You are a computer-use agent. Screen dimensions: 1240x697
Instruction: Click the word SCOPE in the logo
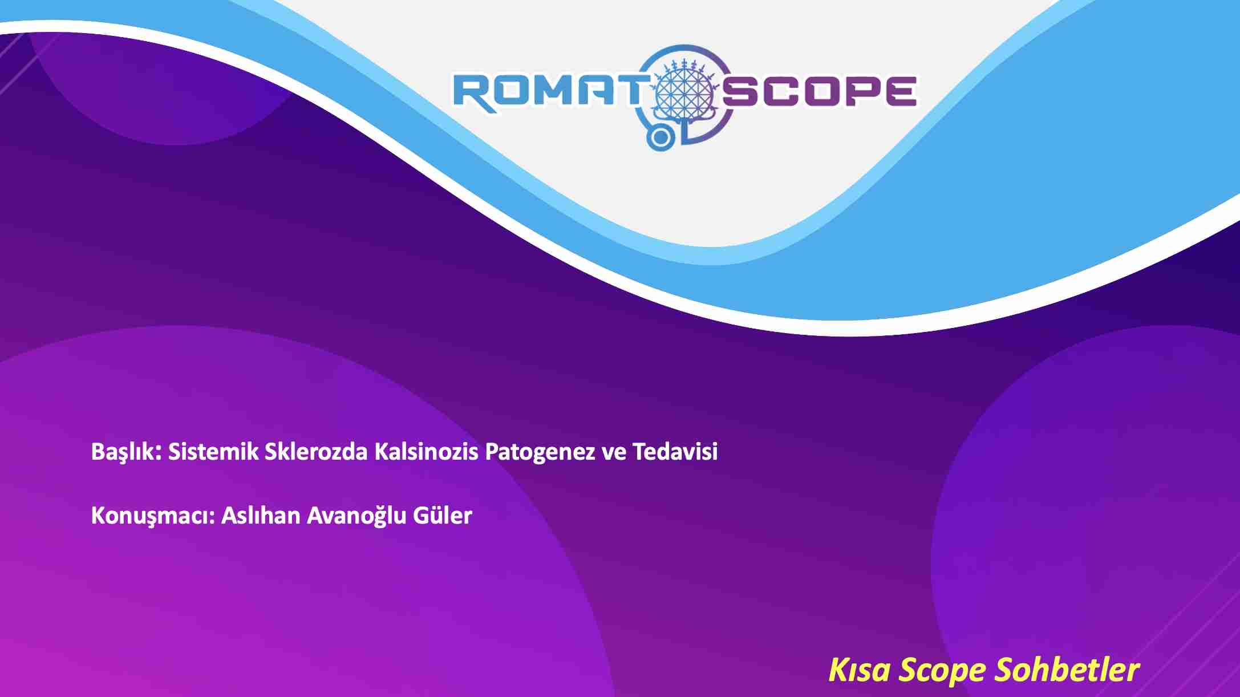click(820, 91)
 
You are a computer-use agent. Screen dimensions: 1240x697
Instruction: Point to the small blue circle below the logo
click(660, 137)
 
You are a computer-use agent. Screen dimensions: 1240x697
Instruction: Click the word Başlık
click(127, 452)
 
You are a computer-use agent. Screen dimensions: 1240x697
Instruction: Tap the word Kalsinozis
click(426, 451)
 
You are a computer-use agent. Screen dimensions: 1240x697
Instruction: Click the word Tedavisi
click(675, 451)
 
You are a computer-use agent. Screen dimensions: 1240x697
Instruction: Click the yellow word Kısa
click(858, 670)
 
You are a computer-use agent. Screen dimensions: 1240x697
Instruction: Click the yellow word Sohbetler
click(1067, 670)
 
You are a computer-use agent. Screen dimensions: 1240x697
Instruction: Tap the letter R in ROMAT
click(474, 91)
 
